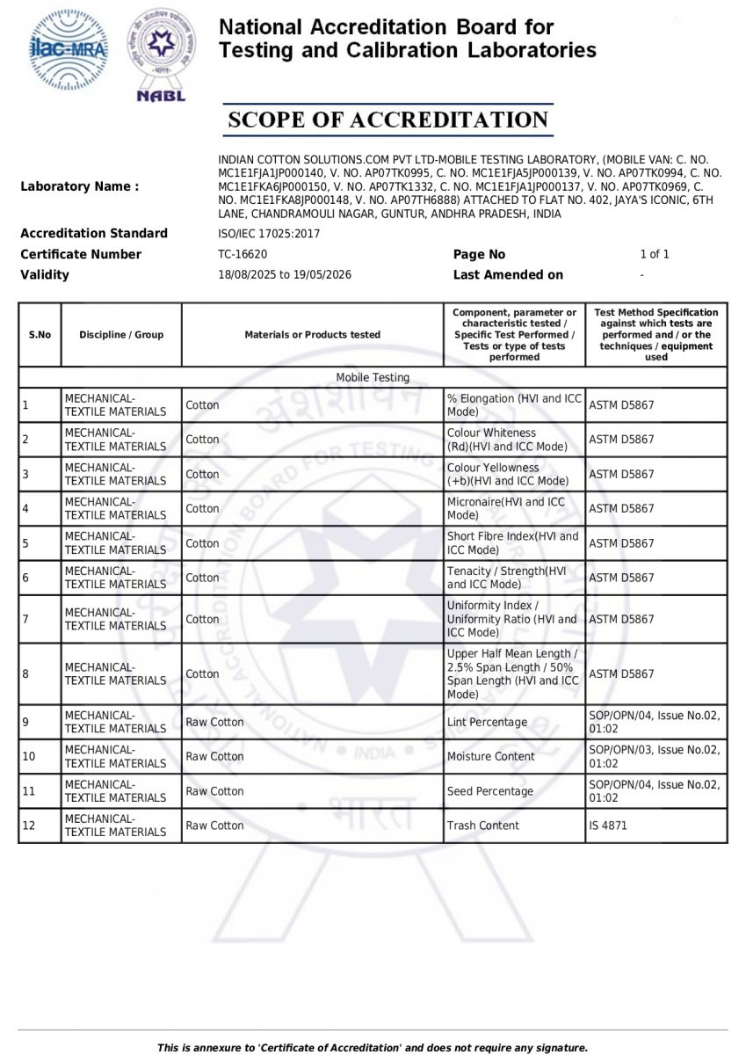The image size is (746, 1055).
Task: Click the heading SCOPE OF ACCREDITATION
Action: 387,120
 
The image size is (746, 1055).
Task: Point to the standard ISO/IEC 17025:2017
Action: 269,233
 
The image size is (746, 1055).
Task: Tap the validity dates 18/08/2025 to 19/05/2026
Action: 285,274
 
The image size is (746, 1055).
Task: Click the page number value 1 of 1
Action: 655,254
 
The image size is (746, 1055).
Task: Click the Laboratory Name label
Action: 79,186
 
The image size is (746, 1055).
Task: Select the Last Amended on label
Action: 508,274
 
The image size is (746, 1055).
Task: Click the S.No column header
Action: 40,334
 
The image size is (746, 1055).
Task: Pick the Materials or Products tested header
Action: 313,334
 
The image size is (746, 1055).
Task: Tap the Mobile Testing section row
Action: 373,377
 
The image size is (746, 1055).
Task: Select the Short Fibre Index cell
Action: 513,542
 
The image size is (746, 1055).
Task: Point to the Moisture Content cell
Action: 490,756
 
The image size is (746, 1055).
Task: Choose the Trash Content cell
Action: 483,826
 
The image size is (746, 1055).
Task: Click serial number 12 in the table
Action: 28,826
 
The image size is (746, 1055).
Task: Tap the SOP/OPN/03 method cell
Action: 655,756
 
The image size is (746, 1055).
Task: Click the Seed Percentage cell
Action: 490,791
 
